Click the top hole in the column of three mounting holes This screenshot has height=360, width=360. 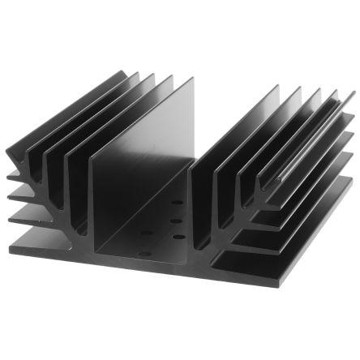(x=177, y=202)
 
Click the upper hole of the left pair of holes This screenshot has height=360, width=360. (x=146, y=234)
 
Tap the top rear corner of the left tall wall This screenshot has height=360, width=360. (x=193, y=79)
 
